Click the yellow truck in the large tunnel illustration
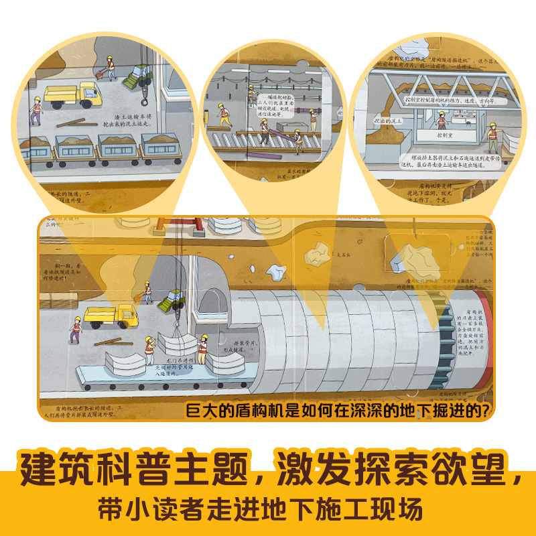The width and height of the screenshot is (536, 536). (111, 314)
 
